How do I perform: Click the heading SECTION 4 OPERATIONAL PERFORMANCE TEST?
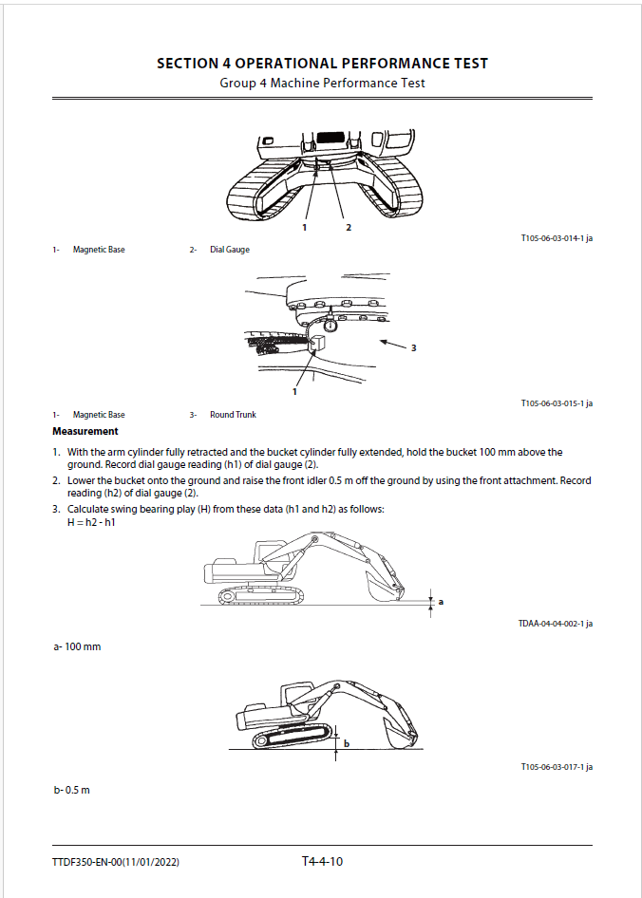[x=322, y=64]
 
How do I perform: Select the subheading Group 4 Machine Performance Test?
[x=322, y=83]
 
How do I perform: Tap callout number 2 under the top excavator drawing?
[x=349, y=228]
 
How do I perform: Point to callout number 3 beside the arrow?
[x=413, y=348]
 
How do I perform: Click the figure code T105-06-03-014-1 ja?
[x=556, y=238]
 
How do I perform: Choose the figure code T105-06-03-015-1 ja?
[x=556, y=403]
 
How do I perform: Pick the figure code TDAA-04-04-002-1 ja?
[x=555, y=623]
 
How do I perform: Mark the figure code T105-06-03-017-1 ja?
[x=556, y=766]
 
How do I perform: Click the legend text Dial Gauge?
[x=229, y=250]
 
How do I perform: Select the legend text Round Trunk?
[x=233, y=415]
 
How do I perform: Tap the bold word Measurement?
[x=85, y=431]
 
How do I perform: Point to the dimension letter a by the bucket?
[x=441, y=601]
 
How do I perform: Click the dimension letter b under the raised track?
[x=346, y=743]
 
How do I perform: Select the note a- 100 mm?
[x=77, y=646]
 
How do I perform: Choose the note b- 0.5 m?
[x=72, y=790]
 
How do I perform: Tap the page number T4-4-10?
[x=322, y=861]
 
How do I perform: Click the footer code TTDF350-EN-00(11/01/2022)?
[x=116, y=862]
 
